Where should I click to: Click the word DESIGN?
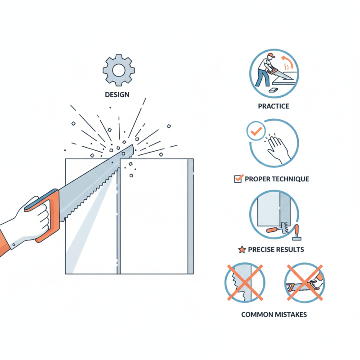[x=117, y=94]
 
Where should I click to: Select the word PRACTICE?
[x=274, y=106]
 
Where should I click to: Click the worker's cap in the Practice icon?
[x=270, y=56]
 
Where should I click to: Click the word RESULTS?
[x=288, y=249]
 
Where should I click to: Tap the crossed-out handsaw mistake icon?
[x=305, y=283]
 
